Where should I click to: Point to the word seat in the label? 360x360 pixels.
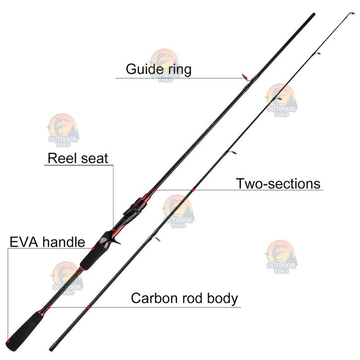pos(94,159)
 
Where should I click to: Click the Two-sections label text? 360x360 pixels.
pos(278,183)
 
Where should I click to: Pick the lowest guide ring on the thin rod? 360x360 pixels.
pos(156,240)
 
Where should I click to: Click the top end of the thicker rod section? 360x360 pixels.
pos(313,14)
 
